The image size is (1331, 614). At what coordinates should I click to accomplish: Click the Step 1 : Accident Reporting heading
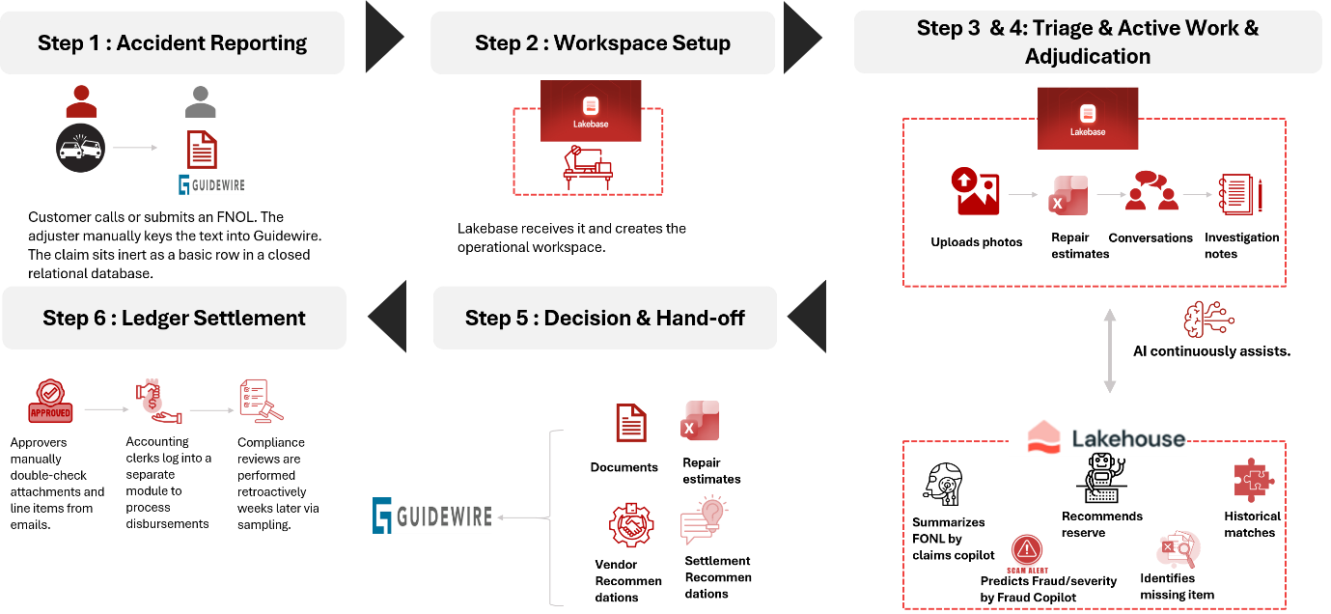coord(173,42)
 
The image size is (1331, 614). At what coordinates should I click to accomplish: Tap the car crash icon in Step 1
coord(80,148)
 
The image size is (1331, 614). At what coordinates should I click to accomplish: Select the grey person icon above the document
coord(200,101)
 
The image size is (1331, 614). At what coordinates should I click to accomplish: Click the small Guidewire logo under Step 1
coord(211,184)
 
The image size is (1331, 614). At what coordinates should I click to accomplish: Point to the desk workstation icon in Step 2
coord(588,168)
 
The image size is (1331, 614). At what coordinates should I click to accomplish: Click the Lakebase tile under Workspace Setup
coord(591,111)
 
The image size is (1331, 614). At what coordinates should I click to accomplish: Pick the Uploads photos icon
coord(976,191)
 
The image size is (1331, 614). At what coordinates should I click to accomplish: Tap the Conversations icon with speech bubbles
coord(1151,190)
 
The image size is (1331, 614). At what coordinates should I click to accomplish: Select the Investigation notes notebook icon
coord(1240,194)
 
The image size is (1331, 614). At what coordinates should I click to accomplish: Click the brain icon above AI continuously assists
coord(1208,320)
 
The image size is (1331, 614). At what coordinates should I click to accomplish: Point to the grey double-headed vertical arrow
coord(1109,350)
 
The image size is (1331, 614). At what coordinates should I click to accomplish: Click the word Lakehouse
coord(1128,438)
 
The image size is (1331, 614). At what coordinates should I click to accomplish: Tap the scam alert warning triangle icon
coord(1027,550)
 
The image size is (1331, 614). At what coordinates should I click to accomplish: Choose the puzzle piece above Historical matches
coord(1253,480)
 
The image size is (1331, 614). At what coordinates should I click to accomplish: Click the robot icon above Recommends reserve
coord(1102,478)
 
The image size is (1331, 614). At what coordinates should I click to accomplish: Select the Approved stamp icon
coord(50,402)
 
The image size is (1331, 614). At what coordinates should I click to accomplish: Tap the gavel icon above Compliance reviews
coord(262,402)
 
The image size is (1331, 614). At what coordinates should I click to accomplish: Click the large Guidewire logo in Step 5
coord(432,516)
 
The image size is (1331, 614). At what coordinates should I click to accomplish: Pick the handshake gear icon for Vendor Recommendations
coord(631,525)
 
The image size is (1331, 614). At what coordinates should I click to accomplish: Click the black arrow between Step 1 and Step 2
coord(384,37)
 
